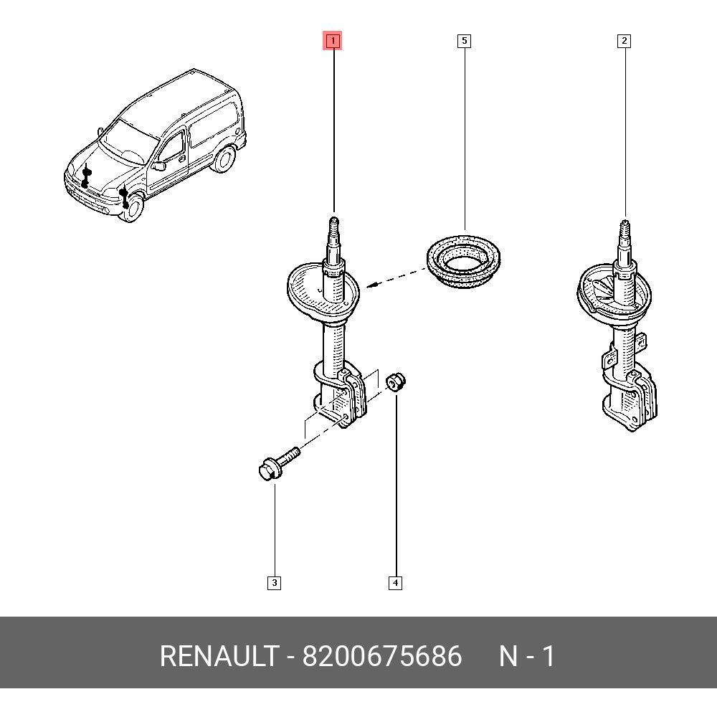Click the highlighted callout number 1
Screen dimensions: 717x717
333,41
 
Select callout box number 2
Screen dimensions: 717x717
624,41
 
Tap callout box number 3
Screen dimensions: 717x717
274,583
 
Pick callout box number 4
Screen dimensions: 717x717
395,583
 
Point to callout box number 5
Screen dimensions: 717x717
464,41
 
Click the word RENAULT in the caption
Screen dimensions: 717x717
218,656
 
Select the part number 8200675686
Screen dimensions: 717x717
381,656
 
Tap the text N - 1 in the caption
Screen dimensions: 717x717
527,656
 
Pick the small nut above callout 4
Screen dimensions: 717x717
396,381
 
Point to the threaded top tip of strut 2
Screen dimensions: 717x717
625,231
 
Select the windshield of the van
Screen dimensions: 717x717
129,136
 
